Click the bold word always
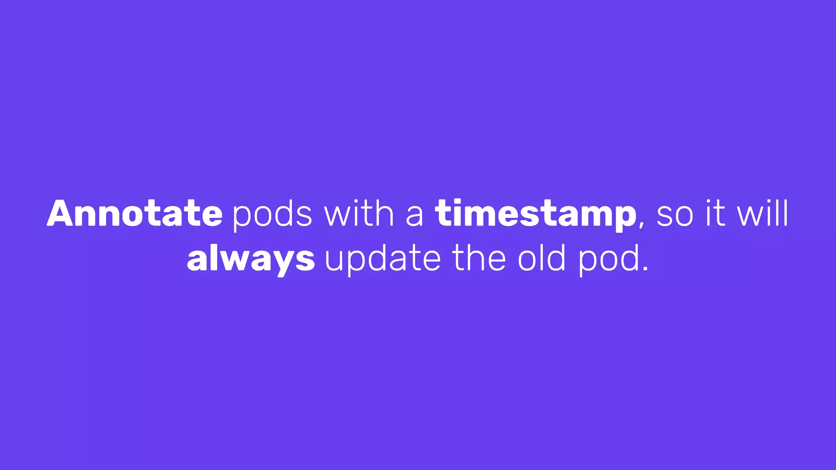[x=251, y=259]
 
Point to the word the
[x=479, y=258]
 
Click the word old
[x=542, y=258]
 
